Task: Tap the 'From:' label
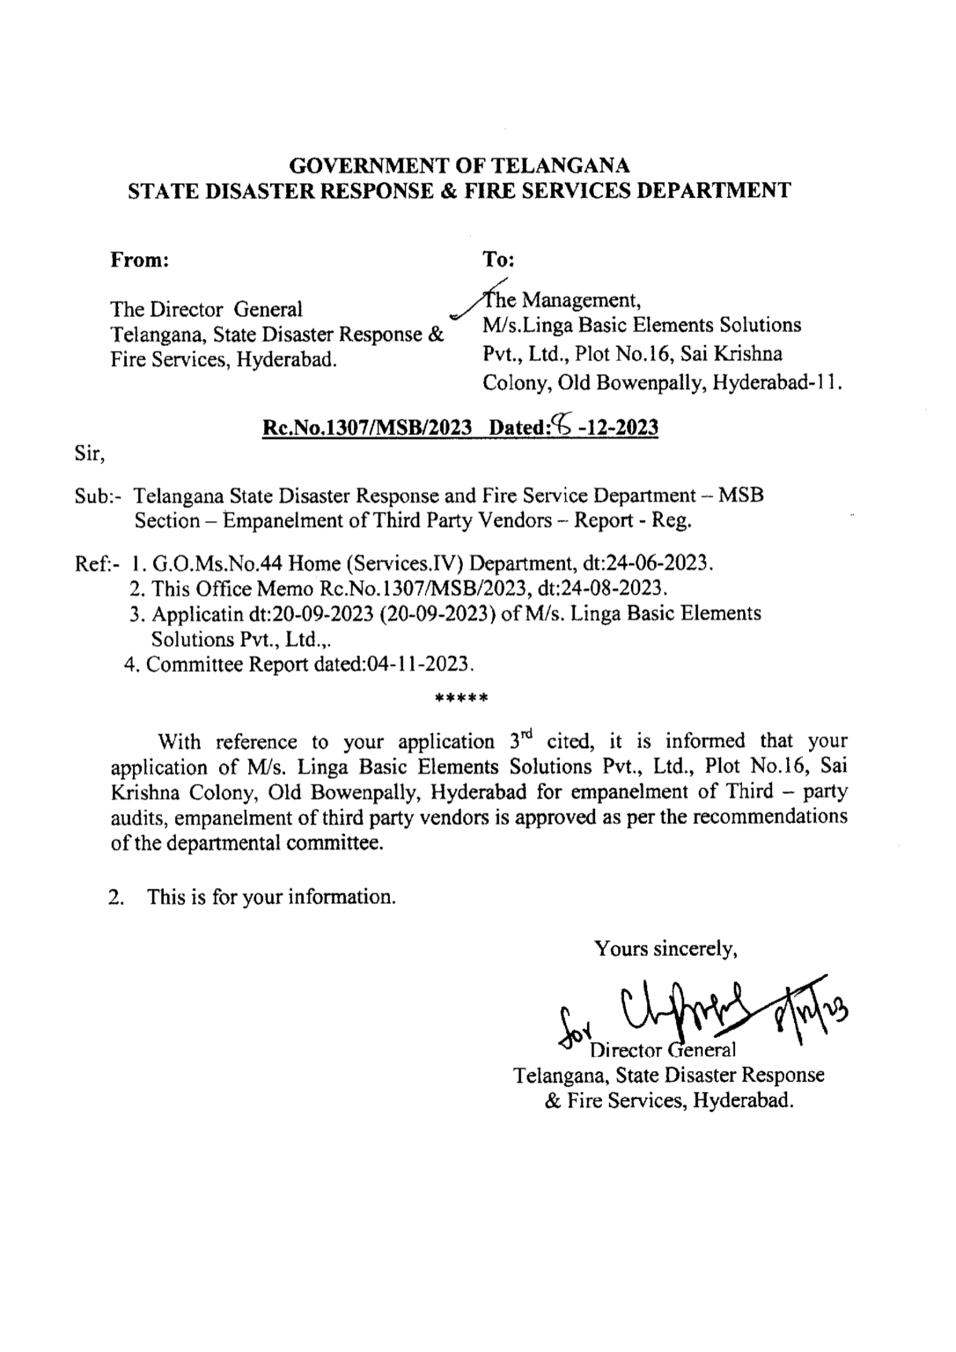click(139, 260)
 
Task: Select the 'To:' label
click(499, 260)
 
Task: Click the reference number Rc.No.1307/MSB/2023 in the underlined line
click(368, 428)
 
